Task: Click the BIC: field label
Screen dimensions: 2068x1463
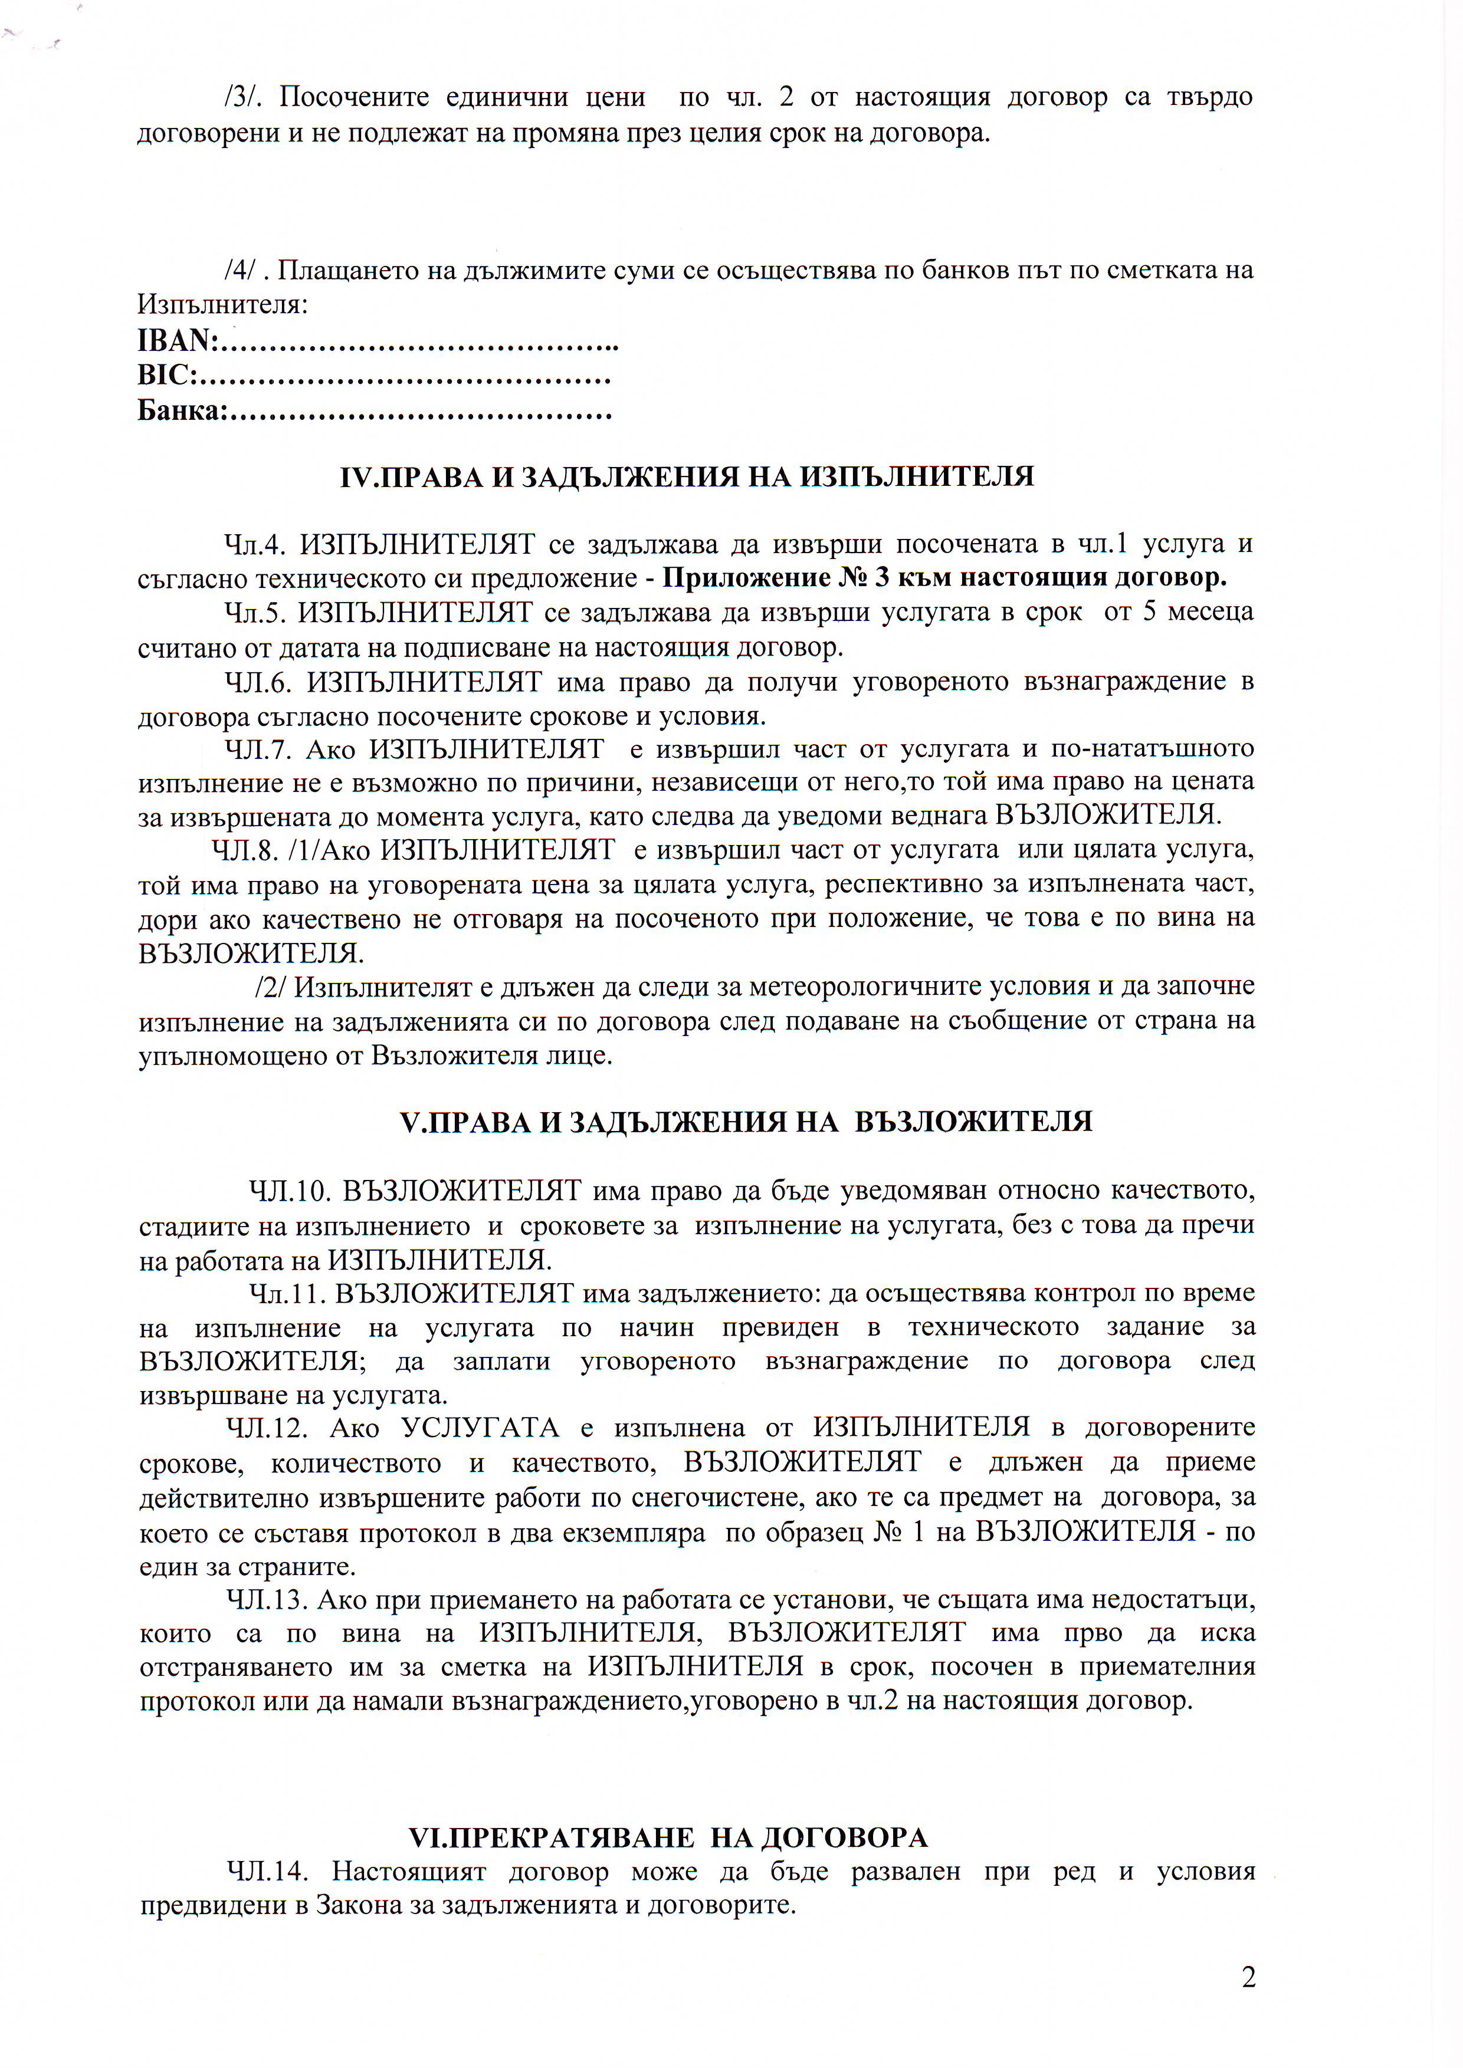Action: pos(168,374)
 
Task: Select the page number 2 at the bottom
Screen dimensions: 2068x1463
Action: pos(1248,1977)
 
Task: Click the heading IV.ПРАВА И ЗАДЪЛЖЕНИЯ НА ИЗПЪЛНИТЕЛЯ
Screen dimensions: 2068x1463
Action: pos(687,476)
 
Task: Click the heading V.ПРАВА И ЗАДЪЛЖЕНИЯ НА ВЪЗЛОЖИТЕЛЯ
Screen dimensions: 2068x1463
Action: pos(745,1122)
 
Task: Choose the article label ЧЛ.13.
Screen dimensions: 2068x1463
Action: pos(268,1600)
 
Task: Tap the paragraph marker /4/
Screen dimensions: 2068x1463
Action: pos(243,269)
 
